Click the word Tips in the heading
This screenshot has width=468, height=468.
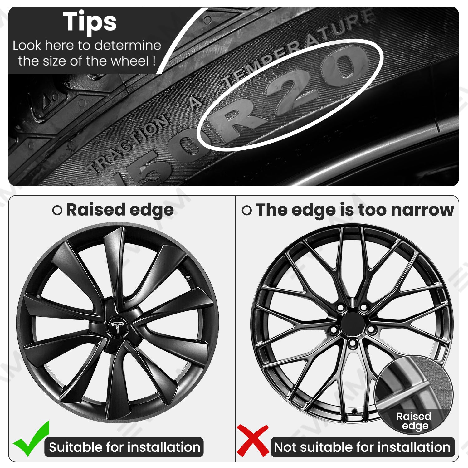pyautogui.click(x=90, y=22)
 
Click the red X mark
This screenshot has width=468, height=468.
pyautogui.click(x=253, y=440)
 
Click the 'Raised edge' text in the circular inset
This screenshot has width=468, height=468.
pyautogui.click(x=414, y=421)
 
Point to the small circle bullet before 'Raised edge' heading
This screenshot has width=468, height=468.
pyautogui.click(x=57, y=210)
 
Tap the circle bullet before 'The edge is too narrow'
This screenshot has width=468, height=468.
pyautogui.click(x=246, y=210)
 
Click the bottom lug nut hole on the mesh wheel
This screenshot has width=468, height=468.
pyautogui.click(x=353, y=344)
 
